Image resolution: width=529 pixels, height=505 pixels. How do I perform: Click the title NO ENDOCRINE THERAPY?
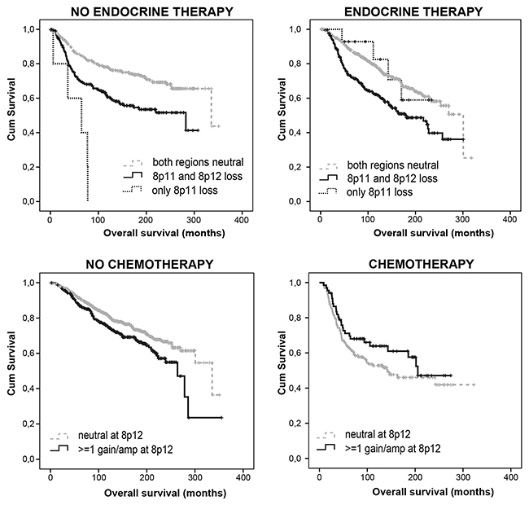(152, 12)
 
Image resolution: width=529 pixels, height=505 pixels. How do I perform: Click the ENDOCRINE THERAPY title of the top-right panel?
(413, 12)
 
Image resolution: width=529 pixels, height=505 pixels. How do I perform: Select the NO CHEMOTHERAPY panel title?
(150, 264)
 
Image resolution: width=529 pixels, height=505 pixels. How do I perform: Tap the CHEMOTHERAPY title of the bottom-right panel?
(422, 264)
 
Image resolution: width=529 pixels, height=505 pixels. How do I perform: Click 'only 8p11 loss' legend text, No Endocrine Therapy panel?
(185, 191)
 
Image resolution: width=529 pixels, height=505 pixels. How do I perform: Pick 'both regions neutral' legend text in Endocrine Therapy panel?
(393, 165)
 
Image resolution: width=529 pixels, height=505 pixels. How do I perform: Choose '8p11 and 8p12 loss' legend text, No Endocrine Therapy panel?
(198, 176)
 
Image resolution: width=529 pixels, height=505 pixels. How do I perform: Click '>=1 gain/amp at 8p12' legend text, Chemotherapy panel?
(393, 449)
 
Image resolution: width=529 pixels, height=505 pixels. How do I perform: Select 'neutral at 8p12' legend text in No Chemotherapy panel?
(111, 436)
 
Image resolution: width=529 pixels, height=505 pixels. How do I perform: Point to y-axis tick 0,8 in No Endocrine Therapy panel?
(28, 64)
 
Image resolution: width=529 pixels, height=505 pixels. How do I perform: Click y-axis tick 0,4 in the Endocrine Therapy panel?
(295, 133)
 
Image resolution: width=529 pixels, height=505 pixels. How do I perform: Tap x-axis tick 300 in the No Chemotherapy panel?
(195, 477)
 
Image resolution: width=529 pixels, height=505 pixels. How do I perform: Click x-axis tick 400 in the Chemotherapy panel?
(510, 477)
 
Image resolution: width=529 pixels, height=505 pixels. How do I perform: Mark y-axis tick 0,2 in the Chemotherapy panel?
(295, 424)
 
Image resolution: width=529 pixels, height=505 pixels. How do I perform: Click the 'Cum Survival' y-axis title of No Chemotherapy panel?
(11, 363)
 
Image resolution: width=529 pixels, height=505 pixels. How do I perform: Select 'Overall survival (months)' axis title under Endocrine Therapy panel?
(434, 233)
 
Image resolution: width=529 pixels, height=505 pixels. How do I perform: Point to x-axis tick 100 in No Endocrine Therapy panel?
(98, 221)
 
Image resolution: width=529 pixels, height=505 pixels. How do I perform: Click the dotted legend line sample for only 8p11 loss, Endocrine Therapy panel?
(328, 191)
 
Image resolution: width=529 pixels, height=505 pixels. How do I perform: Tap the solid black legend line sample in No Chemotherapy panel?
(59, 448)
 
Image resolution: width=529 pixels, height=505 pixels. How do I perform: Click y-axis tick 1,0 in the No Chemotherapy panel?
(28, 283)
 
